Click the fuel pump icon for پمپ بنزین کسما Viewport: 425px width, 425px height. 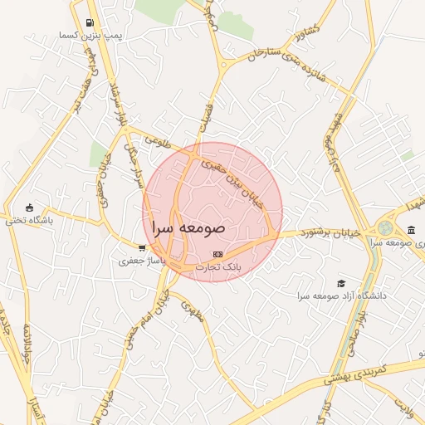[90, 23]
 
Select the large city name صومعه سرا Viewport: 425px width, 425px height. [189, 226]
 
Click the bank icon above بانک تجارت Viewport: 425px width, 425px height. [217, 254]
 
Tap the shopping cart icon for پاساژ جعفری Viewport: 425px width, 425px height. [142, 247]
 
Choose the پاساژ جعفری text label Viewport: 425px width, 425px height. [141, 261]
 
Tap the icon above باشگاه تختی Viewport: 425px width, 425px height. [31, 208]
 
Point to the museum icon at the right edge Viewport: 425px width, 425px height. [412, 230]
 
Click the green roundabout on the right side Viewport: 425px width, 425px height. [385, 227]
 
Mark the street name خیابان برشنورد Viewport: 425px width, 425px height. [330, 233]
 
